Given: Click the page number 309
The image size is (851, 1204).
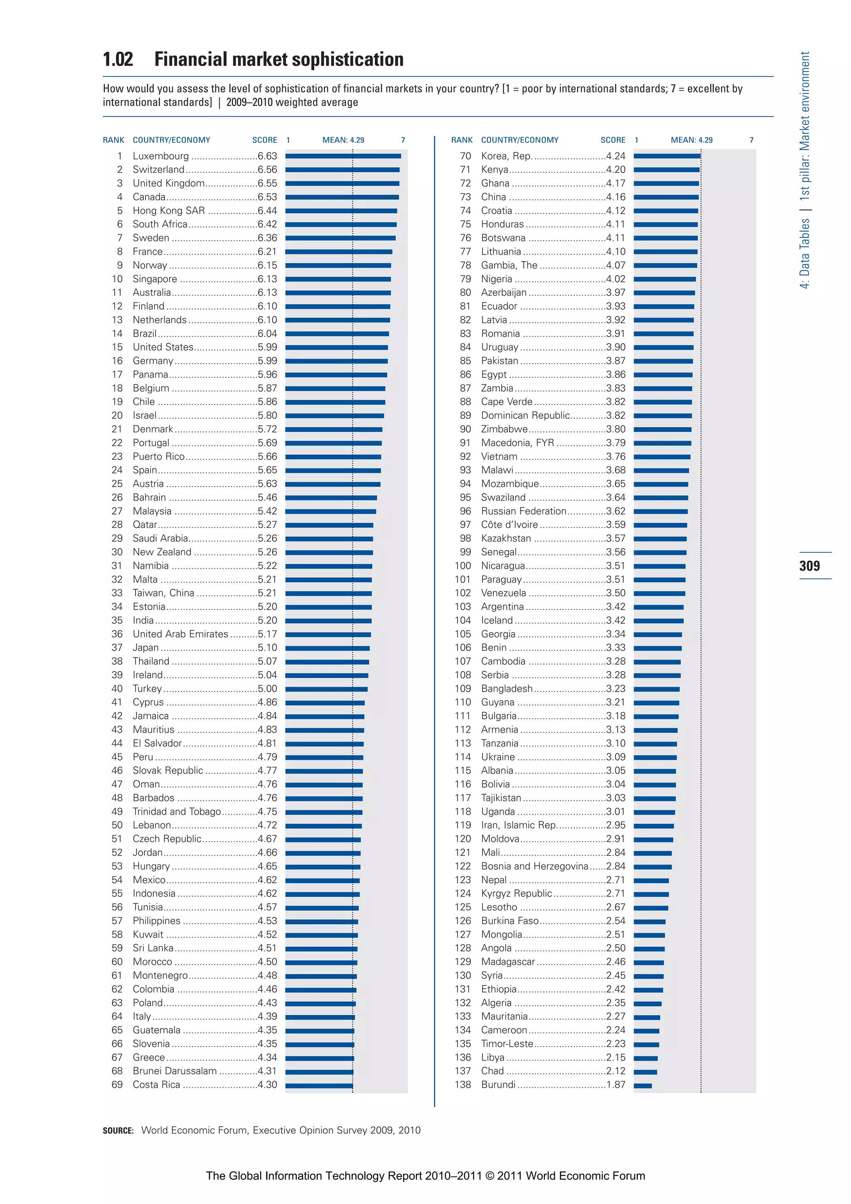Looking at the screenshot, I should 809,566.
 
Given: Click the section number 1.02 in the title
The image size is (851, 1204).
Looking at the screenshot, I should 118,59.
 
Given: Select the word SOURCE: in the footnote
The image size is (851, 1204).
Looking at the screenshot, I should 118,1130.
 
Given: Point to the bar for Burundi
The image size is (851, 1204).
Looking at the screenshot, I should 642,1086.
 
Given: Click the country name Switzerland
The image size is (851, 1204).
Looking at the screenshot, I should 158,170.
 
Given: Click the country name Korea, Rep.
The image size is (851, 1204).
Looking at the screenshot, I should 507,156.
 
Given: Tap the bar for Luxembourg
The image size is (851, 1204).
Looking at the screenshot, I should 343,156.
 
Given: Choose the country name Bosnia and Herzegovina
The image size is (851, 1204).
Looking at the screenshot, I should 534,866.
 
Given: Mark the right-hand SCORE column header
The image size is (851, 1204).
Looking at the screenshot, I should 613,140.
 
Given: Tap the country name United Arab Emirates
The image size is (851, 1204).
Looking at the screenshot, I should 180,634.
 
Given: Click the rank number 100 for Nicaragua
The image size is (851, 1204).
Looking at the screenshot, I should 462,566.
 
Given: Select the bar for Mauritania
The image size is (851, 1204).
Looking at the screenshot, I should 647,1017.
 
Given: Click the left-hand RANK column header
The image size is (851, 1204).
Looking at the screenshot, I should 113,140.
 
